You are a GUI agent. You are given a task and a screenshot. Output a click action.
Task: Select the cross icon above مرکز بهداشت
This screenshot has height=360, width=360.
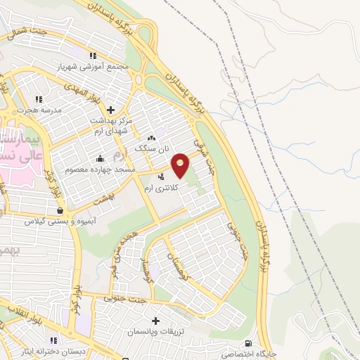(x=110, y=109)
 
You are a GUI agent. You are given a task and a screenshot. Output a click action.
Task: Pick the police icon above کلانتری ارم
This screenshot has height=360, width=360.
(x=162, y=176)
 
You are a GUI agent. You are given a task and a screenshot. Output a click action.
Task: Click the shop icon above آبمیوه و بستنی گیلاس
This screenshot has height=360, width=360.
(x=60, y=210)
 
